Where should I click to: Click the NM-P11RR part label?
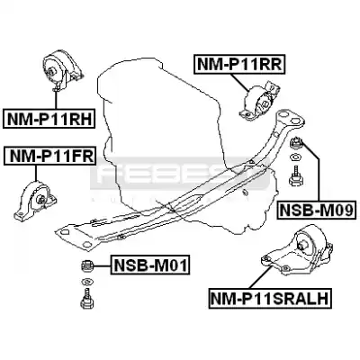(238, 64)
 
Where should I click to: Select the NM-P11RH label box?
(49, 119)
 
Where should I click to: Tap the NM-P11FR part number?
(49, 156)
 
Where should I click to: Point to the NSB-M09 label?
(317, 209)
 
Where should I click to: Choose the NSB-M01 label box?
(150, 265)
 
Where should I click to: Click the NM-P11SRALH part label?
(270, 298)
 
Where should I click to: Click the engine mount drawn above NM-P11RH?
(62, 71)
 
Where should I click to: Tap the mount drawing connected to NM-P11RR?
(259, 101)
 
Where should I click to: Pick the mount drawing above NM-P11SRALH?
(297, 249)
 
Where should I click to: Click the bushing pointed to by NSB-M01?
(88, 265)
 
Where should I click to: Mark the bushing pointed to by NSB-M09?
(296, 142)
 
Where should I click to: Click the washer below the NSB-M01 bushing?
(87, 282)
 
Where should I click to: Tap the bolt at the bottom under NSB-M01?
(87, 299)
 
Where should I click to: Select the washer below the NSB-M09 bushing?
(296, 157)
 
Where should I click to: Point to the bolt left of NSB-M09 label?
(296, 176)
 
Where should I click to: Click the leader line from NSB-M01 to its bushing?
(103, 265)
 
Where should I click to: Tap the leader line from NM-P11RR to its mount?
(240, 82)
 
